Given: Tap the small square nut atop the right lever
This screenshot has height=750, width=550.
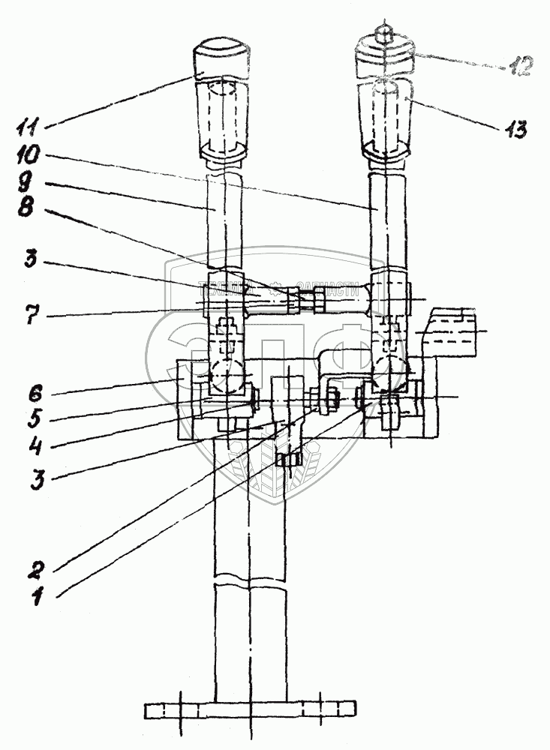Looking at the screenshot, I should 383,34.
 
